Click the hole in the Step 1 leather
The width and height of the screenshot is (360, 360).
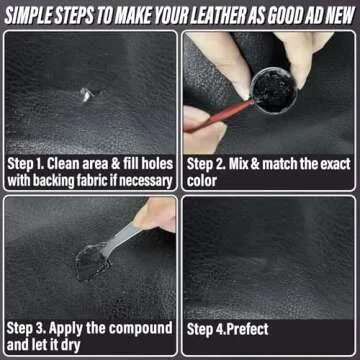pyautogui.click(x=83, y=95)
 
